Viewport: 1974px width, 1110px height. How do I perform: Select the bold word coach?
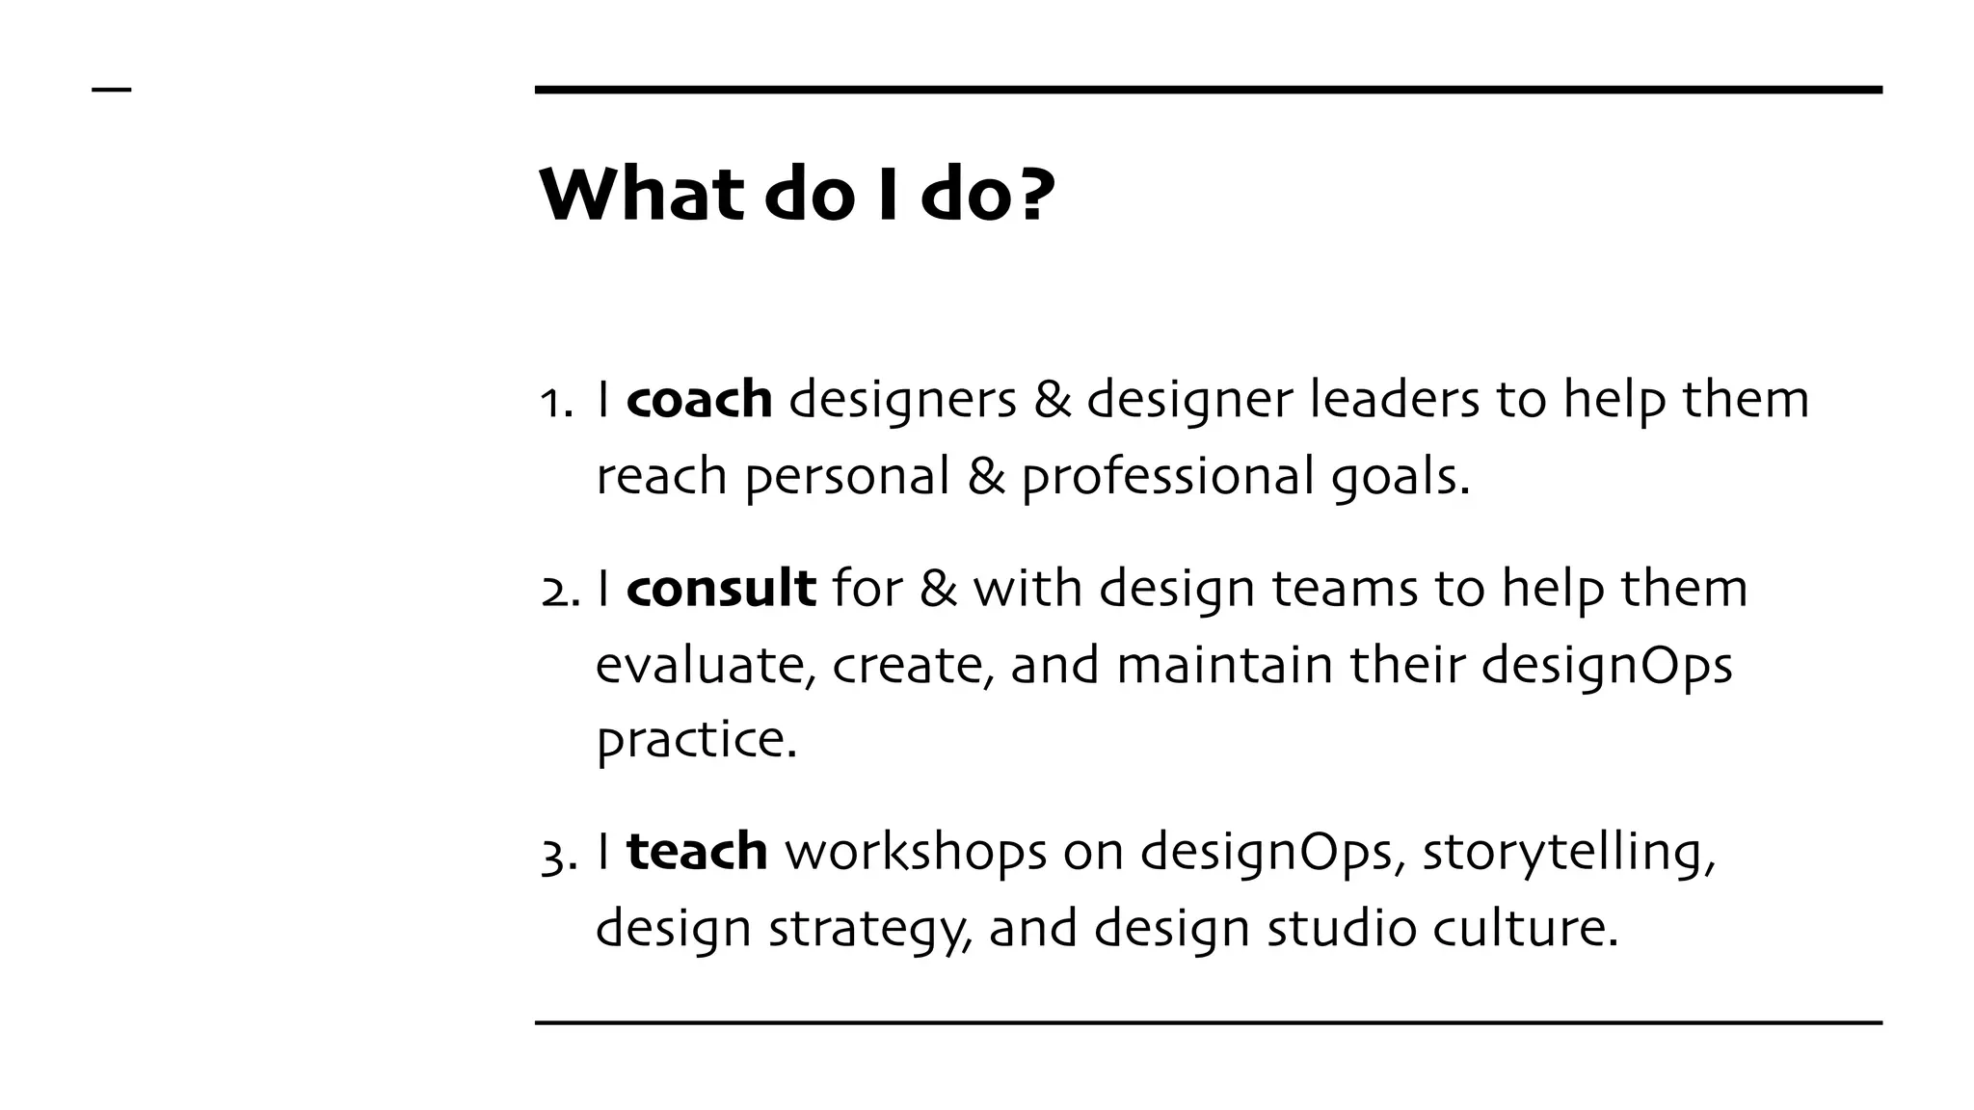pyautogui.click(x=699, y=399)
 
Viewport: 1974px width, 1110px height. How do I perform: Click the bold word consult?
pyautogui.click(x=721, y=588)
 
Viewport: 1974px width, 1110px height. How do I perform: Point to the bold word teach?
pyautogui.click(x=697, y=851)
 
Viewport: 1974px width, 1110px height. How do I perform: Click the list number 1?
pyautogui.click(x=553, y=401)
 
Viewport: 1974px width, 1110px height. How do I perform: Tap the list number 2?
pyautogui.click(x=558, y=590)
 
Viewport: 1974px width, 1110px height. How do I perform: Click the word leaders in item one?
pyautogui.click(x=1394, y=399)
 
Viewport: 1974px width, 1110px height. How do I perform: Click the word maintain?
pyautogui.click(x=1224, y=665)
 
